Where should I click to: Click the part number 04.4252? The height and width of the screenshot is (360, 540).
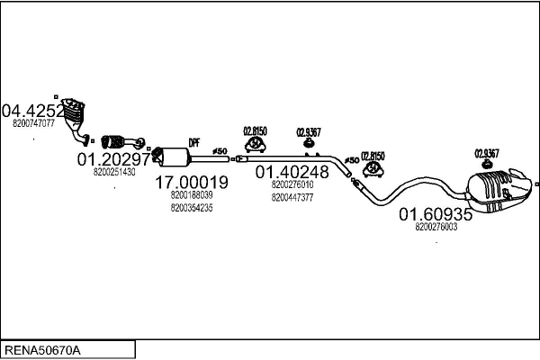pyautogui.click(x=32, y=112)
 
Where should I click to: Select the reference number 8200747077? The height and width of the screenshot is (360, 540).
pyautogui.click(x=35, y=123)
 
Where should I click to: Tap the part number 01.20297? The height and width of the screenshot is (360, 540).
pyautogui.click(x=113, y=158)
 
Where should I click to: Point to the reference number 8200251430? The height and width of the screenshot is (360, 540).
pyautogui.click(x=114, y=171)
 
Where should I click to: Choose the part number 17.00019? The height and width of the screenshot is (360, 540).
pyautogui.click(x=192, y=182)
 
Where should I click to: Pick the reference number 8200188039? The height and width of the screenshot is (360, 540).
pyautogui.click(x=191, y=194)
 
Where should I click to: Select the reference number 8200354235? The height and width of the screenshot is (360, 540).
pyautogui.click(x=191, y=208)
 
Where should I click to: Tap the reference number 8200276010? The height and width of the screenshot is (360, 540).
pyautogui.click(x=292, y=184)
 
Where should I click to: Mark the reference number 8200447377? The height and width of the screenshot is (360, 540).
pyautogui.click(x=292, y=197)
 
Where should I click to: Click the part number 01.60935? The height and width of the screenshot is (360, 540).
pyautogui.click(x=436, y=215)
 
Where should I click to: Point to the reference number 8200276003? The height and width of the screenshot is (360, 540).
pyautogui.click(x=436, y=228)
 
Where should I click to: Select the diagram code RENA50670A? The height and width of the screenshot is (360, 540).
pyautogui.click(x=42, y=349)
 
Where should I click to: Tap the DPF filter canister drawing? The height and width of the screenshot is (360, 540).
pyautogui.click(x=180, y=157)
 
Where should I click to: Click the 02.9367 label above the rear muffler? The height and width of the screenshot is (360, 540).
pyautogui.click(x=487, y=153)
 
